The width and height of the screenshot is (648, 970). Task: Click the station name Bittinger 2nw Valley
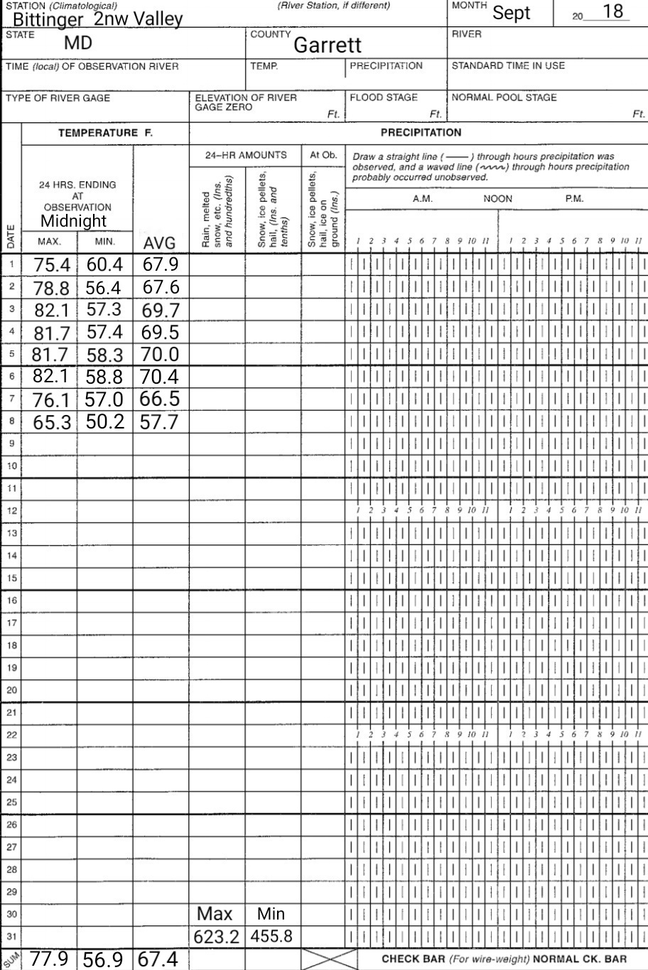(x=97, y=19)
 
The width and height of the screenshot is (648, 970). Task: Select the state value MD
(x=78, y=44)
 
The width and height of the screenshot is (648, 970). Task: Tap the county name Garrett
(x=328, y=45)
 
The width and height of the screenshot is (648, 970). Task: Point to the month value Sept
(x=512, y=14)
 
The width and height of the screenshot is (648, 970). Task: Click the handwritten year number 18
(x=612, y=12)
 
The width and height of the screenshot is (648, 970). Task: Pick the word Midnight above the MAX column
(x=73, y=221)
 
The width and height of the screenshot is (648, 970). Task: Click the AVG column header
(x=159, y=244)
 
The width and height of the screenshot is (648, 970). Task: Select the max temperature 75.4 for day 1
(x=52, y=266)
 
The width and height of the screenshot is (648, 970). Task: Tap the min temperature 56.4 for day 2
(x=105, y=289)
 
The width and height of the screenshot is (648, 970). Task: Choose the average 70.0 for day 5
(x=159, y=355)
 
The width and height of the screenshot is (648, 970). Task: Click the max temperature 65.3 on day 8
(x=52, y=422)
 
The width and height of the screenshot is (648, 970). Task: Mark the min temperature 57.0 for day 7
(x=105, y=399)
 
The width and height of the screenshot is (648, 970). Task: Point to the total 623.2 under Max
(x=216, y=937)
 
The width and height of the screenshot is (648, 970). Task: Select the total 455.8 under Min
(x=271, y=937)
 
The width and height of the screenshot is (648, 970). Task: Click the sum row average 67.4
(x=159, y=959)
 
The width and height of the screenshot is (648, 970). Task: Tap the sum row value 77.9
(x=50, y=959)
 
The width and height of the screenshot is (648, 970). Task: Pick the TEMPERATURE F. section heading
(x=106, y=133)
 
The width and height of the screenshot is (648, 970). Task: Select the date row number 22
(x=11, y=734)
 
